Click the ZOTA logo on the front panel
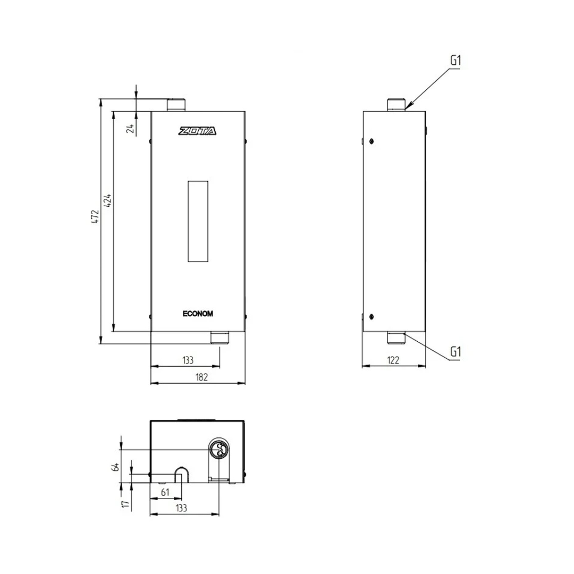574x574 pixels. point(197,131)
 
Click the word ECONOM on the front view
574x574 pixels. point(198,314)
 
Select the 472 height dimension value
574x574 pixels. point(95,217)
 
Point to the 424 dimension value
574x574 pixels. point(108,200)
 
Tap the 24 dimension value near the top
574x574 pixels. point(130,128)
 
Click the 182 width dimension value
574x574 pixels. point(202,377)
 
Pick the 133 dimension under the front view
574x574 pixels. point(188,360)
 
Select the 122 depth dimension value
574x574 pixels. point(393,360)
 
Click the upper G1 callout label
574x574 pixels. point(455,61)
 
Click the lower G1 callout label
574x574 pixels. point(455,352)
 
